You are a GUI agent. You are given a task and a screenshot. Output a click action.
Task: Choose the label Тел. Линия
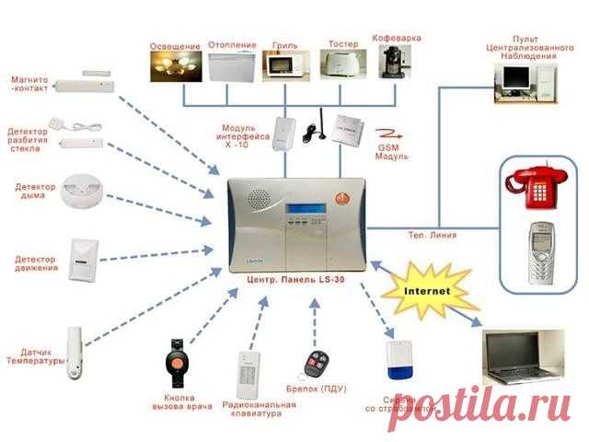point(431,235)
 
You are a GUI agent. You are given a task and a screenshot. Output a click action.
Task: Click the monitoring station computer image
point(525,83)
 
